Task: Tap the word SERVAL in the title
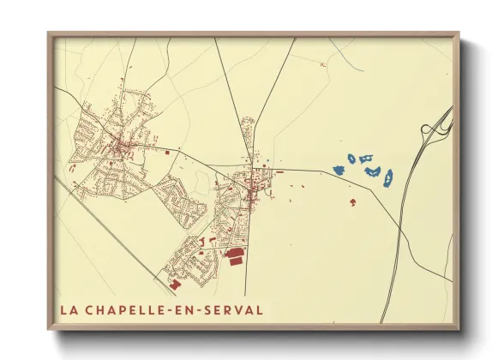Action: click(234, 309)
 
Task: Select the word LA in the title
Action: click(68, 309)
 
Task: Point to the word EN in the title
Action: click(189, 309)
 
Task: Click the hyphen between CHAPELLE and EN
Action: click(174, 310)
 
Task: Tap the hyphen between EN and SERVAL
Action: click(202, 310)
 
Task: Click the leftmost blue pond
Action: click(338, 170)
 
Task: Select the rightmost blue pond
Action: click(388, 177)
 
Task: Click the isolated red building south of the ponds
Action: click(353, 202)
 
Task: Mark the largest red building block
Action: click(234, 255)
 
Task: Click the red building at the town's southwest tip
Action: click(175, 283)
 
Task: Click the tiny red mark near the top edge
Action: click(322, 64)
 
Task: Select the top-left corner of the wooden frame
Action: click(49, 33)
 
